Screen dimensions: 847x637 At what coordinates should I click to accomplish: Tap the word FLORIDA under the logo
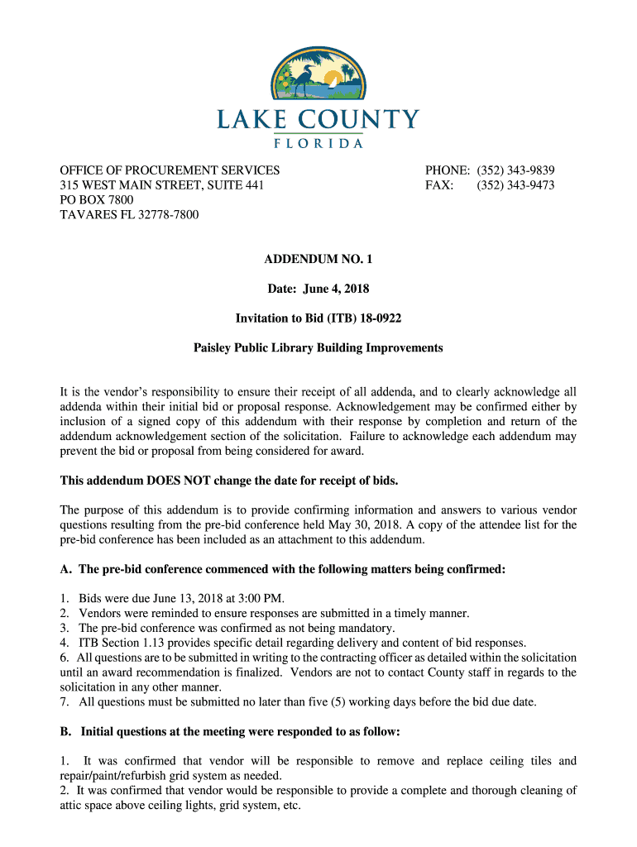coord(318,142)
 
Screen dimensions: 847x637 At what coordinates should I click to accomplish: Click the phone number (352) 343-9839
coord(515,170)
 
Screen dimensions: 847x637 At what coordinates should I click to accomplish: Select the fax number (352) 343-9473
coord(515,185)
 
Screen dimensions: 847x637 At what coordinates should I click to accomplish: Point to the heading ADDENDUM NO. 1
coord(318,260)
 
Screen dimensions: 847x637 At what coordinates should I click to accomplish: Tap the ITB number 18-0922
coord(383,318)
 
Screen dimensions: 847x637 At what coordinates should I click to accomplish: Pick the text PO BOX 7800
coord(97,200)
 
